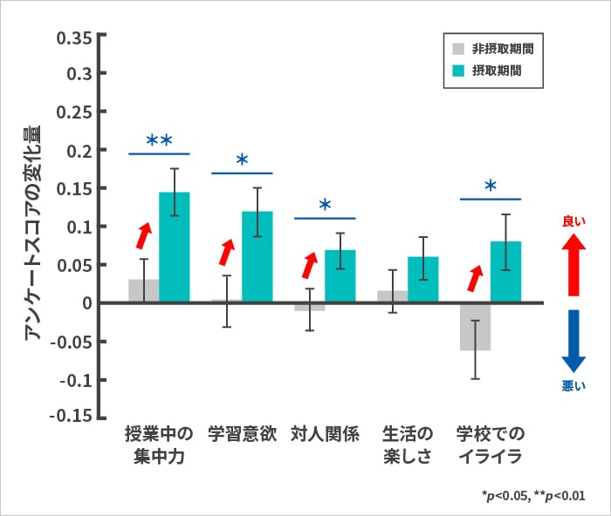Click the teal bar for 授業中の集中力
(x=174, y=248)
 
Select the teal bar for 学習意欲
(x=257, y=257)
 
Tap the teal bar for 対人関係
(x=340, y=276)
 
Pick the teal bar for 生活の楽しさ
(x=423, y=280)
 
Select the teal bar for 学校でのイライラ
(x=505, y=272)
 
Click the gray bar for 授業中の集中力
(x=143, y=291)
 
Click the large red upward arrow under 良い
(x=573, y=263)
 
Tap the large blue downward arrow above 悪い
(x=573, y=341)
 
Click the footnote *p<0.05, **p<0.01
(x=533, y=494)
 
